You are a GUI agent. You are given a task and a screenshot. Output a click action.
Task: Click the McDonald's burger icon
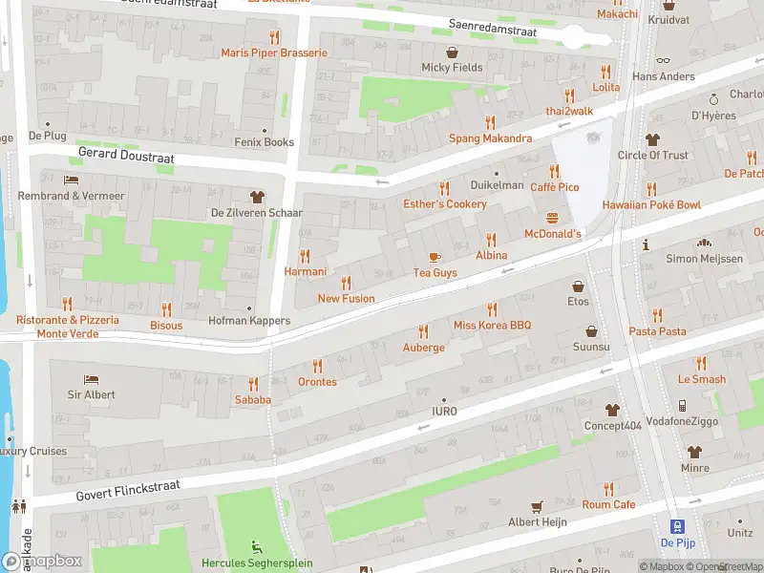pyautogui.click(x=552, y=218)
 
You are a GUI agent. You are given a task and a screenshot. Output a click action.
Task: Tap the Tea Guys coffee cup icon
pyautogui.click(x=435, y=257)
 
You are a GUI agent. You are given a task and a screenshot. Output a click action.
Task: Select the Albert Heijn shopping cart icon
pyautogui.click(x=537, y=506)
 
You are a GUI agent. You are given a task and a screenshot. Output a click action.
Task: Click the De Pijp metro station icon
pyautogui.click(x=677, y=525)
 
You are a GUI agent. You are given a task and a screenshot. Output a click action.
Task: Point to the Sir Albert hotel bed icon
pyautogui.click(x=91, y=379)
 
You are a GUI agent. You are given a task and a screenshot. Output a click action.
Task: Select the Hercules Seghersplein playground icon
pyautogui.click(x=256, y=547)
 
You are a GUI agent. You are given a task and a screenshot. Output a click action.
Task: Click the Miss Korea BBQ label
pyautogui.click(x=492, y=326)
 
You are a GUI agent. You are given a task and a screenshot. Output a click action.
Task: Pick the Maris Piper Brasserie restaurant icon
pyautogui.click(x=274, y=37)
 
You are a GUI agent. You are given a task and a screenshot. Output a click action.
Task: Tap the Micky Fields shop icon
pyautogui.click(x=452, y=53)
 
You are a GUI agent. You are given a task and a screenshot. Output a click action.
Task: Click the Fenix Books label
pyautogui.click(x=264, y=142)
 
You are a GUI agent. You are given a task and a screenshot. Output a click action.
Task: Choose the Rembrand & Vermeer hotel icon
pyautogui.click(x=71, y=180)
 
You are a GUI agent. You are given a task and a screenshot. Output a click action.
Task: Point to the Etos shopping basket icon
pyautogui.click(x=578, y=286)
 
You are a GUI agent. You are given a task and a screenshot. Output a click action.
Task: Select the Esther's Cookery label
pyautogui.click(x=444, y=203)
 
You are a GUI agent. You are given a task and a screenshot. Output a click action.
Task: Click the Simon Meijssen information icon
pyautogui.click(x=647, y=244)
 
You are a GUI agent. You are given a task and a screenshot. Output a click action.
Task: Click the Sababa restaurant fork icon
pyautogui.click(x=253, y=384)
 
